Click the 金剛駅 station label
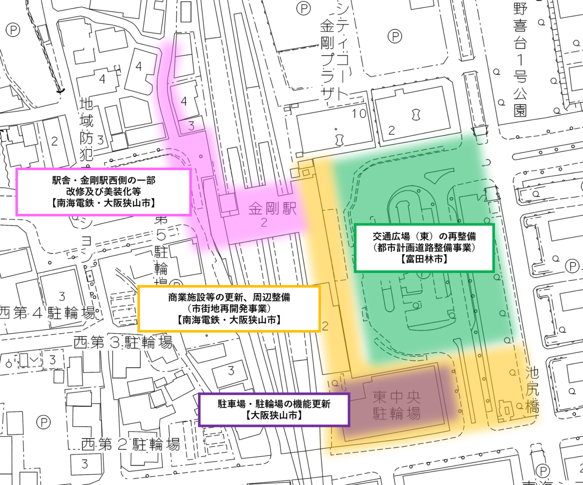272,209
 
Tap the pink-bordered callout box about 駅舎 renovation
103,192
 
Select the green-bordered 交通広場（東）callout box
424,248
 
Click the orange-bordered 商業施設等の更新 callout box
229,309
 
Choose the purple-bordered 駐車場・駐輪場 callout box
274,410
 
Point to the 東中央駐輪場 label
396,405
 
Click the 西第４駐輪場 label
48,313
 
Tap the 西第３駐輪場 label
123,342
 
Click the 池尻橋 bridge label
532,390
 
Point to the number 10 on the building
359,113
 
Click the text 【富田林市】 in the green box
424,259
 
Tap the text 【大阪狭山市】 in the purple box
274,416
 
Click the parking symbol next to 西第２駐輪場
43,422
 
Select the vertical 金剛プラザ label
328,55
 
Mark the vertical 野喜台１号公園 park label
520,59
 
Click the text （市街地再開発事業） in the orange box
229,309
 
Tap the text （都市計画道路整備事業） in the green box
424,248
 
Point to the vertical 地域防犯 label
87,130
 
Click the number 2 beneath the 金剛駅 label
264,223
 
